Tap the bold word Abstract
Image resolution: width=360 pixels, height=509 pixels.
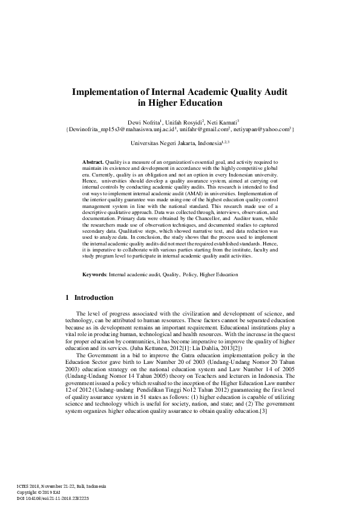(x=93, y=163)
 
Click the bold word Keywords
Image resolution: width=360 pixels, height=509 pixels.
(x=95, y=274)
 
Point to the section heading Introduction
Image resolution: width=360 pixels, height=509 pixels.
(x=94, y=298)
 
